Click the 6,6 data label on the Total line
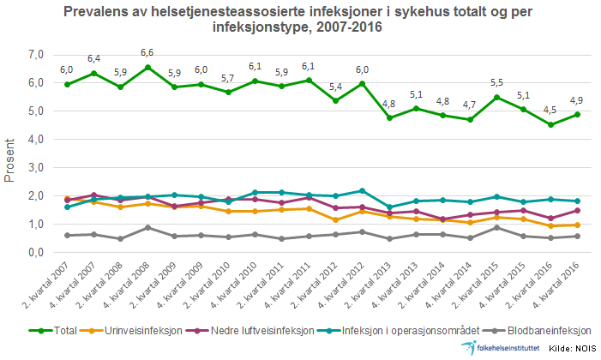147,53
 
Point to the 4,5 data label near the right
550,109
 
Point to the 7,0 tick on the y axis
35,54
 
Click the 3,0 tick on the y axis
35,168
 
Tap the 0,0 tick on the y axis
35,253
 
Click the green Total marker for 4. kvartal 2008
147,67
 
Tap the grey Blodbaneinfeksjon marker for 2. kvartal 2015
496,227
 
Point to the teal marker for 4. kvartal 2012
362,190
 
